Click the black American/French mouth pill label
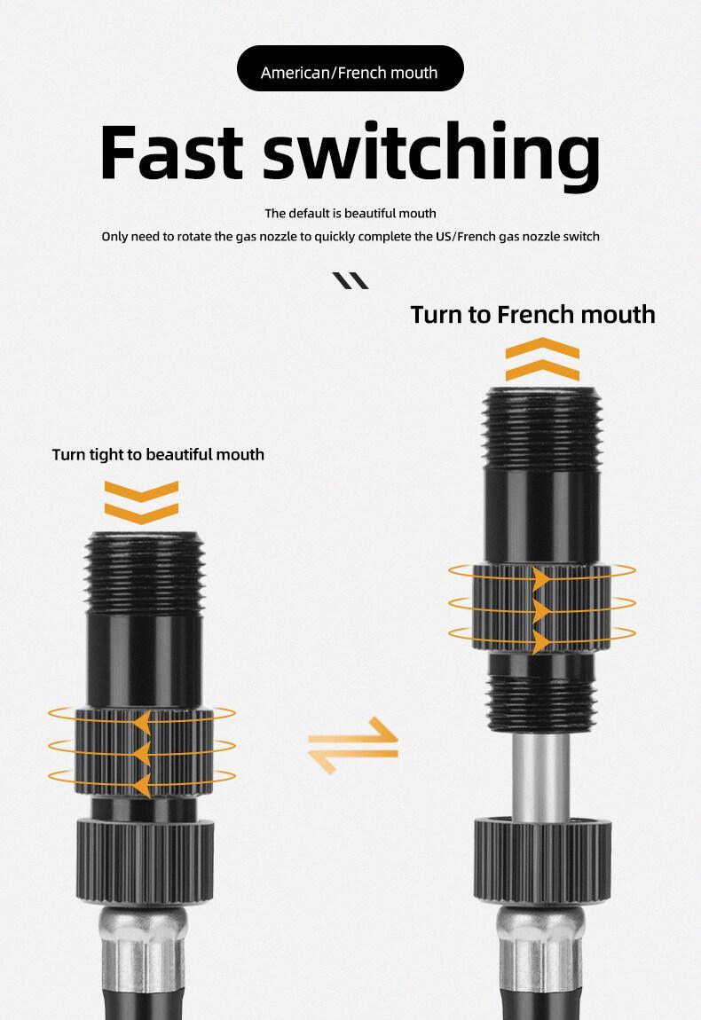coord(350,68)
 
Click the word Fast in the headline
coord(172,152)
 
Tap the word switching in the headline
coord(431,156)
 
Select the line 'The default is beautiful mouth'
coord(350,214)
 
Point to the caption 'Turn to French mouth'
coord(532,315)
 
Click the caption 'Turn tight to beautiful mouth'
coord(158,454)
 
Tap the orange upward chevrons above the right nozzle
coord(542,359)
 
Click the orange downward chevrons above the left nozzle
coord(141,503)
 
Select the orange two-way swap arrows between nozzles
coord(353,745)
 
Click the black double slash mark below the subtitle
coord(350,280)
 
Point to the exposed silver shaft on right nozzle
coord(540,776)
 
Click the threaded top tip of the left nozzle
coord(146,572)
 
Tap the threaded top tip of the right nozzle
coord(541,428)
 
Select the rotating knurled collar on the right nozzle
coord(541,608)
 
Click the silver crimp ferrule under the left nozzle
coord(144,950)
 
